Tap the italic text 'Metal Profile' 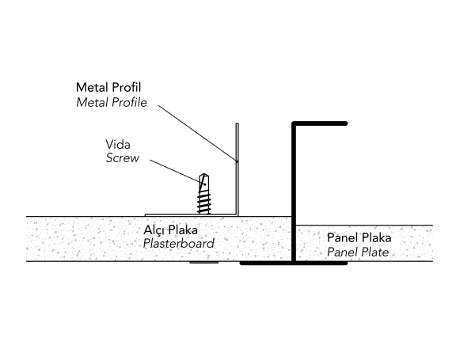[112, 102]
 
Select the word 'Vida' [117, 145]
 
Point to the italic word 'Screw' [122, 158]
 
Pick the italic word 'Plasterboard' [178, 244]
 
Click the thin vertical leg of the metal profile [237, 170]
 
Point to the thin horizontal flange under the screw [190, 214]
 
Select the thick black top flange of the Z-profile [321, 123]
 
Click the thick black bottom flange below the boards [293, 263]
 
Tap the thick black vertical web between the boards [294, 190]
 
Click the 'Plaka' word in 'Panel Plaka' [376, 238]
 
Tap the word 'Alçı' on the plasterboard [154, 230]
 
